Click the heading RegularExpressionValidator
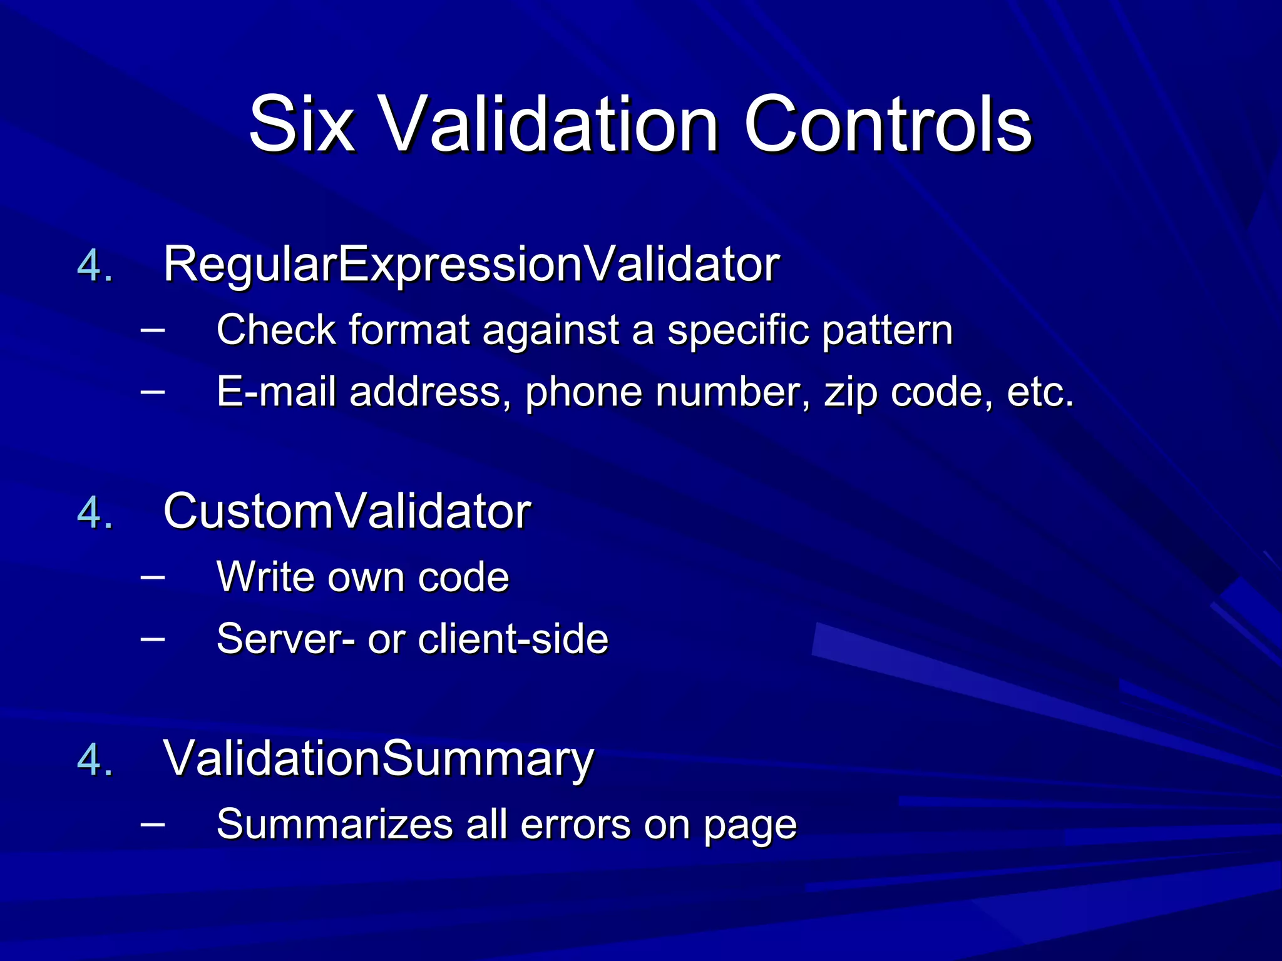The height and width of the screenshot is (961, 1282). click(x=471, y=265)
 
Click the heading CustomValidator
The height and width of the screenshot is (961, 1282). click(x=347, y=512)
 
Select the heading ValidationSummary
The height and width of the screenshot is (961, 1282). click(x=378, y=759)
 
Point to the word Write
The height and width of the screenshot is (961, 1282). click(x=268, y=576)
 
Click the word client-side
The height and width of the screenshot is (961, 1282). click(x=513, y=639)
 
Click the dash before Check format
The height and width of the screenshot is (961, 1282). click(x=153, y=327)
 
